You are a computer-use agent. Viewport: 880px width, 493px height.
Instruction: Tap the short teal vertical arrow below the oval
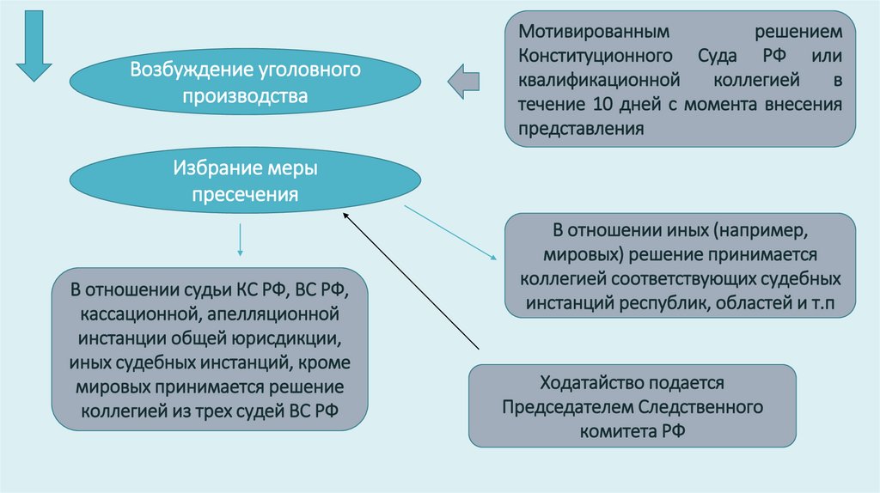240,241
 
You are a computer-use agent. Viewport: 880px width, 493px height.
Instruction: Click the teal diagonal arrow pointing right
451,232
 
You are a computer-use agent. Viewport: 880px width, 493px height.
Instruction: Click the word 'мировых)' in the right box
584,256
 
